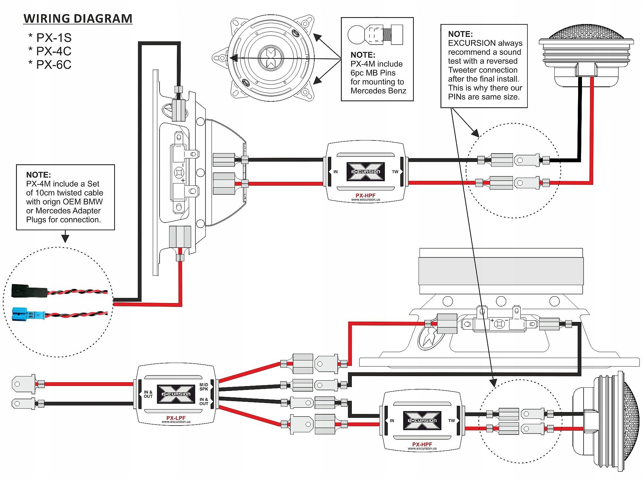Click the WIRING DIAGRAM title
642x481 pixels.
(x=78, y=19)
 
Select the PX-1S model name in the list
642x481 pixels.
(x=54, y=38)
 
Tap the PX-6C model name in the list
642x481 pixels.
(x=54, y=65)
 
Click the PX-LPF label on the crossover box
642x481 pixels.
(x=176, y=418)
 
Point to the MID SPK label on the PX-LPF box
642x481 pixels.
(x=204, y=387)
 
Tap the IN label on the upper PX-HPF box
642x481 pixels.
(x=335, y=172)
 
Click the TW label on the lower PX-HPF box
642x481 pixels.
(x=452, y=421)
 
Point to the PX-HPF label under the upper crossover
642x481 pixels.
(x=365, y=195)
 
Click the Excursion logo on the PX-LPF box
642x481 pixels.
(x=176, y=394)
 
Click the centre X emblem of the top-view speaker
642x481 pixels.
(x=271, y=58)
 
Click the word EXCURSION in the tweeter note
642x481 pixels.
(x=467, y=43)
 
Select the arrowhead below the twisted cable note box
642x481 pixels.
(x=65, y=238)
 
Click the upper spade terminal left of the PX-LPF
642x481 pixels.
(x=24, y=384)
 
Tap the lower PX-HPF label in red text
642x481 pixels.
(x=422, y=444)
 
